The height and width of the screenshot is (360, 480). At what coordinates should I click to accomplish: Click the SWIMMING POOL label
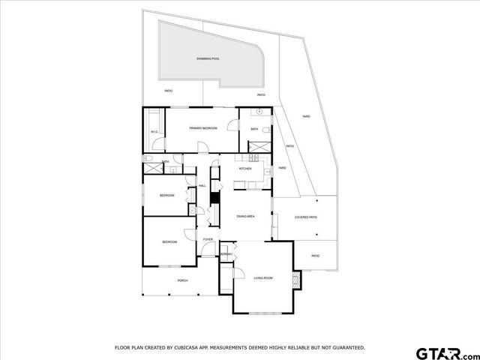(x=208, y=58)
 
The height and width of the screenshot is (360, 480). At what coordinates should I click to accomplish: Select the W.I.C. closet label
(x=154, y=133)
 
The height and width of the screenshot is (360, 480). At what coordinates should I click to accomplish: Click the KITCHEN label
(x=245, y=169)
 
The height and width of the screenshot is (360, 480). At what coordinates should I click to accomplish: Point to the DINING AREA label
(x=247, y=216)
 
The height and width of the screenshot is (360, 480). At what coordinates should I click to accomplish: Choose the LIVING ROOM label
(x=262, y=277)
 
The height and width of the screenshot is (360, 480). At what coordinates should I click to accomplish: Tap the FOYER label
(x=208, y=239)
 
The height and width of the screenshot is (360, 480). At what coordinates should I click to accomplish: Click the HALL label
(x=202, y=185)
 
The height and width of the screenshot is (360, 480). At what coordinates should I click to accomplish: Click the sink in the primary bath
(x=259, y=112)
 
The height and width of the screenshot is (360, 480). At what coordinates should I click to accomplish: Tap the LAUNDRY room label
(x=226, y=254)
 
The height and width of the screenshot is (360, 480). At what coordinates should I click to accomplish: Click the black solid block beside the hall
(x=214, y=198)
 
